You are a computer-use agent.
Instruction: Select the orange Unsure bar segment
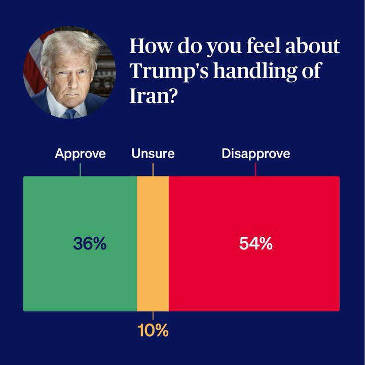point(153,243)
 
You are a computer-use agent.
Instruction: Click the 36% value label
point(90,244)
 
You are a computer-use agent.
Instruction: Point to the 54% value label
point(256,244)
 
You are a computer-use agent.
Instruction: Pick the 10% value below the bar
point(153,331)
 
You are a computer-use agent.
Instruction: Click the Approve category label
point(80,154)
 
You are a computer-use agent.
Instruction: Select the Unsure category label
point(153,154)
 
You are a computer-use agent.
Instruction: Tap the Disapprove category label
point(255,154)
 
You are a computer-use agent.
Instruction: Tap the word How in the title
point(148,46)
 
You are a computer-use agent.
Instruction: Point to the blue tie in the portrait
point(70,113)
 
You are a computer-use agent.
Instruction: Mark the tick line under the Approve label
point(80,169)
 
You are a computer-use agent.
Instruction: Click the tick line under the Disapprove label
point(255,169)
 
